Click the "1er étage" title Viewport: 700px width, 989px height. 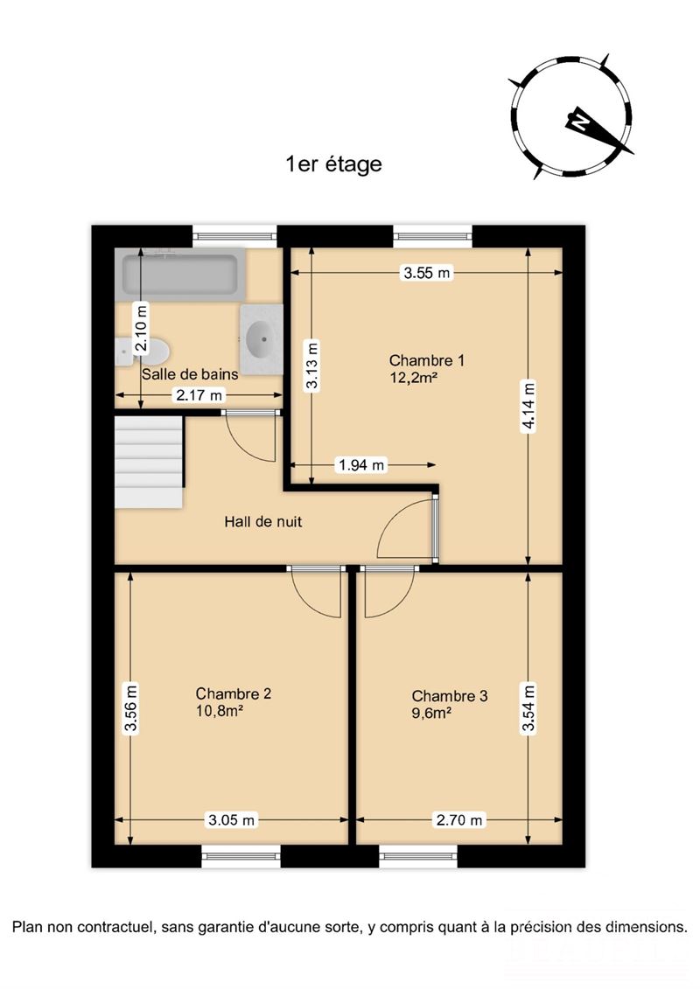pyautogui.click(x=334, y=164)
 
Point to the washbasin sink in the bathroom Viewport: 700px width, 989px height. pyautogui.click(x=262, y=339)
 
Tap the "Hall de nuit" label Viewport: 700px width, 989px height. pyautogui.click(x=263, y=522)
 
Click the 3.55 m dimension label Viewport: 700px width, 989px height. pyautogui.click(x=427, y=273)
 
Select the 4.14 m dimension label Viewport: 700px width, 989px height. pyautogui.click(x=529, y=407)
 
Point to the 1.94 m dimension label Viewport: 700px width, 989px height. pyautogui.click(x=361, y=465)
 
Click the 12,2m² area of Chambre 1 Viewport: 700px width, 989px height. pyautogui.click(x=414, y=378)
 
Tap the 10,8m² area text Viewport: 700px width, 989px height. pyautogui.click(x=220, y=711)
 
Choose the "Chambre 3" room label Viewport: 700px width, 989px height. pyautogui.click(x=450, y=696)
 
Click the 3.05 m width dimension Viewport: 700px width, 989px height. pyautogui.click(x=232, y=820)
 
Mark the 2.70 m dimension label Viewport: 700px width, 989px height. pyautogui.click(x=459, y=820)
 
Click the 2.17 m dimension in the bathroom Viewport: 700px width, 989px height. pyautogui.click(x=199, y=395)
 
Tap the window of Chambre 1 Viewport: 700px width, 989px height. pyautogui.click(x=433, y=236)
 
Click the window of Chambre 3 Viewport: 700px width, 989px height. pyautogui.click(x=418, y=856)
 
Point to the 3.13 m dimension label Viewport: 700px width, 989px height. pyautogui.click(x=311, y=366)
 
